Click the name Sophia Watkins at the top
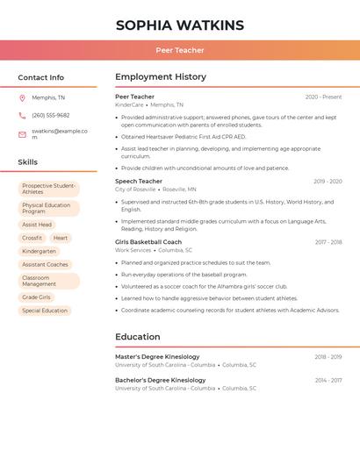179,25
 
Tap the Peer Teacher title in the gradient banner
179,50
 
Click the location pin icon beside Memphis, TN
22,97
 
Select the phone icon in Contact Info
22,116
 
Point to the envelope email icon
22,134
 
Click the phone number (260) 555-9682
50,116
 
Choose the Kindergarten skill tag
39,251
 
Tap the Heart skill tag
60,238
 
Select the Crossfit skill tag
32,238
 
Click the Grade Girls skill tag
36,297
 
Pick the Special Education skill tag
44,311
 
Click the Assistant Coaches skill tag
45,264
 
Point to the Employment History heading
161,76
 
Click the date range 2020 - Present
323,97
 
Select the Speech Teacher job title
139,181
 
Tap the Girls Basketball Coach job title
148,241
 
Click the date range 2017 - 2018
328,242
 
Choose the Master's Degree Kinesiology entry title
157,356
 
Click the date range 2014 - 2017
328,380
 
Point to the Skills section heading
27,162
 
